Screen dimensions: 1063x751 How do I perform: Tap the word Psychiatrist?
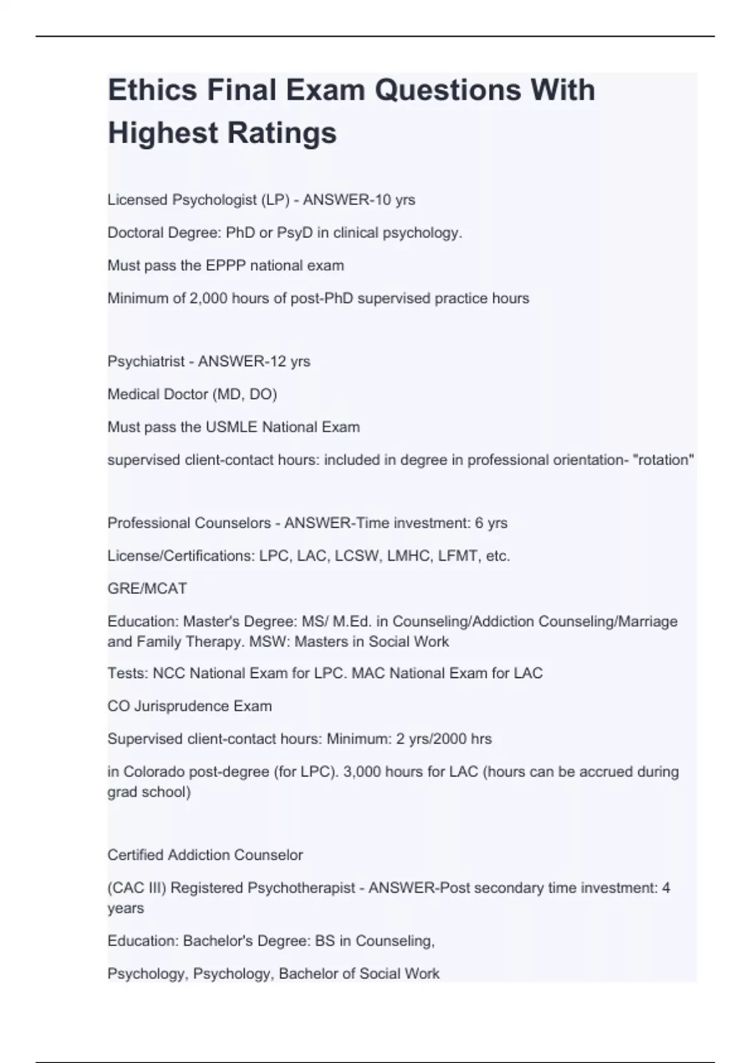tap(146, 361)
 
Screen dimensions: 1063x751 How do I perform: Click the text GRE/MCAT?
tap(147, 588)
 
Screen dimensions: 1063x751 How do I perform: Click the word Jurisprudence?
tap(181, 707)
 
